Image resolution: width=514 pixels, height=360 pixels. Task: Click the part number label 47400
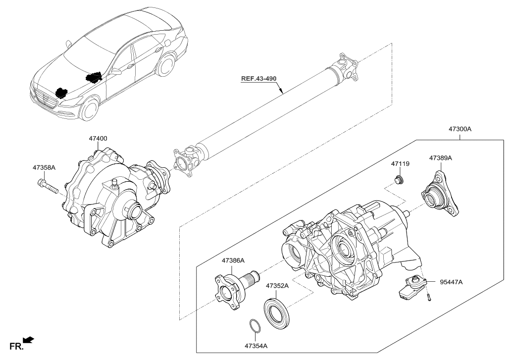coord(99,140)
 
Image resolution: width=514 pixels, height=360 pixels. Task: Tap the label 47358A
coord(44,168)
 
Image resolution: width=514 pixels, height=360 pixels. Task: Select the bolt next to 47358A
coord(47,187)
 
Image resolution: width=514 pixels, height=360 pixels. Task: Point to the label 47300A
coord(460,129)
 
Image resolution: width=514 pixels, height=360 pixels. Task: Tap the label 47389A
coord(441,158)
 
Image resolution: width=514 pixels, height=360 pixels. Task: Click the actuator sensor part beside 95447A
coord(411,287)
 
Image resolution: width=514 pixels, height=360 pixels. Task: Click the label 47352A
coord(278,286)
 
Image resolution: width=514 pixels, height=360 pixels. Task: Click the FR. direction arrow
coord(29,339)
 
